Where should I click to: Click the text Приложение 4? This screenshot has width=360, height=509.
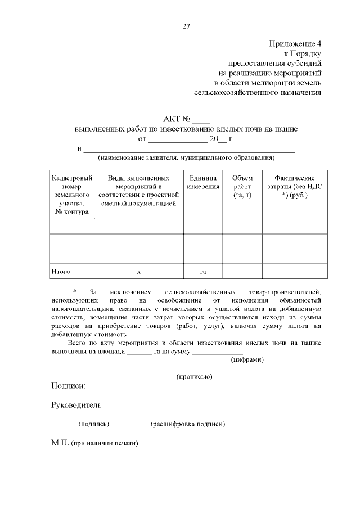point(295,43)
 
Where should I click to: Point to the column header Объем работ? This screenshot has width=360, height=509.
point(242,186)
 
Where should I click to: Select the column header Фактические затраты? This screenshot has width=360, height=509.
point(294,186)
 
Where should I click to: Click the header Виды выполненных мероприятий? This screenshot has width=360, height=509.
point(138,190)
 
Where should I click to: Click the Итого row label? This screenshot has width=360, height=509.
point(60,272)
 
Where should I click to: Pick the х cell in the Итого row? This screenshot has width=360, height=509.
point(138,272)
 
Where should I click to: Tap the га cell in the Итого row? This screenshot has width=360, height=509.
point(203,272)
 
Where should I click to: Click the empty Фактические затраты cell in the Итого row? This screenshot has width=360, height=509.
point(294,272)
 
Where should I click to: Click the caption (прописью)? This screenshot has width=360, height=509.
point(194,376)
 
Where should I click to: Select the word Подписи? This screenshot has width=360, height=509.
point(68,386)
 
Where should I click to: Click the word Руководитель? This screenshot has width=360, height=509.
point(76,405)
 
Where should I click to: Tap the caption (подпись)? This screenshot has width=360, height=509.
point(94,424)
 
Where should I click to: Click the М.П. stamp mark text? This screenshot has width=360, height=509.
point(94,443)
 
